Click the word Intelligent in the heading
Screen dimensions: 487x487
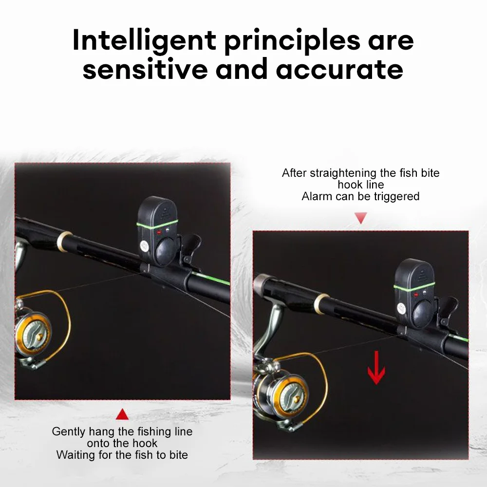[x=145, y=41]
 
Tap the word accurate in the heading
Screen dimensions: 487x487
[x=340, y=70]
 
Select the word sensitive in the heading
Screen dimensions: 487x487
[x=145, y=69]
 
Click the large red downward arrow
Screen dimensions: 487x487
[x=376, y=367]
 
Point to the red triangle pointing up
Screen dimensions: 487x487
[x=122, y=414]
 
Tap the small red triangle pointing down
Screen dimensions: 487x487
[x=360, y=218]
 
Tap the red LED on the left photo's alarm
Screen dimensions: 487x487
[x=159, y=232]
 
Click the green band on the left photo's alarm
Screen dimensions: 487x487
[x=157, y=224]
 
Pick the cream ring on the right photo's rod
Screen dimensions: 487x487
[x=321, y=303]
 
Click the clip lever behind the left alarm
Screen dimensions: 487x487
[x=191, y=245]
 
